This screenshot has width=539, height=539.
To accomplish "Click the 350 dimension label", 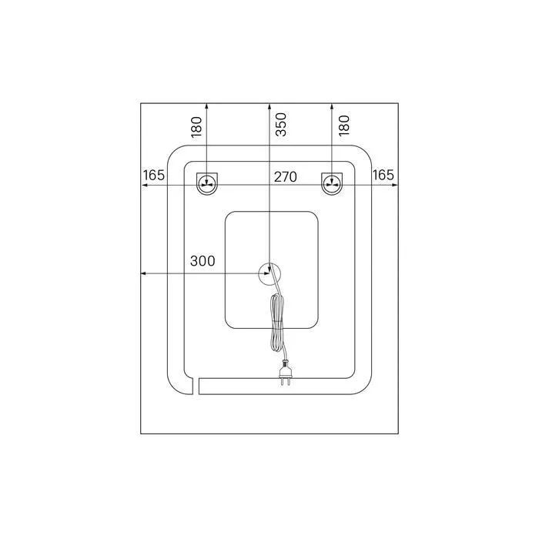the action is tap(281, 125).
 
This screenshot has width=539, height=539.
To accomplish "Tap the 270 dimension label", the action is tap(286, 176).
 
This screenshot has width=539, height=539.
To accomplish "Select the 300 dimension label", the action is tap(203, 261).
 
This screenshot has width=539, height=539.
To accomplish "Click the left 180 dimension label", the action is tap(196, 127).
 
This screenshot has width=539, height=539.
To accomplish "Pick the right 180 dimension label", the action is tap(343, 126).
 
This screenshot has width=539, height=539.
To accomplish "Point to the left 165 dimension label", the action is tap(154, 175).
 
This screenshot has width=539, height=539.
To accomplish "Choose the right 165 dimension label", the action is tap(383, 175).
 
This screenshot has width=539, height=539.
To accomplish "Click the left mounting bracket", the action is tap(207, 183).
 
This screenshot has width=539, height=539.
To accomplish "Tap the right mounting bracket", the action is tap(332, 183).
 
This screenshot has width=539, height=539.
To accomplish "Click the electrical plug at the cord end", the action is tap(286, 372).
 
